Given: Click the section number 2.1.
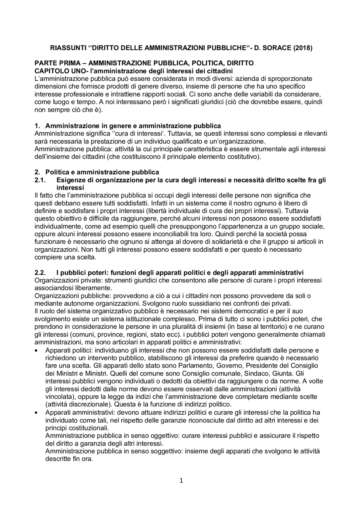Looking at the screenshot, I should pos(40,180).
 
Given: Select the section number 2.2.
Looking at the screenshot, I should pos(40,273).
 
